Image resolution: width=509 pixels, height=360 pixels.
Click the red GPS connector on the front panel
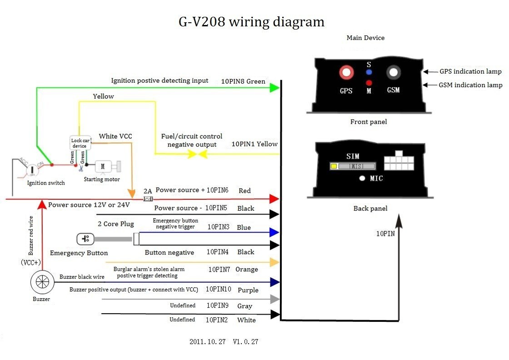346,72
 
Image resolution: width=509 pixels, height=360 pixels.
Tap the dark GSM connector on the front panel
393,72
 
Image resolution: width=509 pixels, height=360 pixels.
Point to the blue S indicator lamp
369,72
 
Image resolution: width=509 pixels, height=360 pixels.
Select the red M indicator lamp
369,82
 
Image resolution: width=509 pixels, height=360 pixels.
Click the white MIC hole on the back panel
362,178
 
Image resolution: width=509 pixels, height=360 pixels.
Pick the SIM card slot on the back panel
353,166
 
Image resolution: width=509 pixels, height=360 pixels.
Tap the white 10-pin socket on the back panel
399,161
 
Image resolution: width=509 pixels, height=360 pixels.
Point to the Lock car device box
80,143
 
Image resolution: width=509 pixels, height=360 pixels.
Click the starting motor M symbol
103,166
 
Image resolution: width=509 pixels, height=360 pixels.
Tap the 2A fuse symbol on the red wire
148,199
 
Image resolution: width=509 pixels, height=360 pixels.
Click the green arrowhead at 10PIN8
274,87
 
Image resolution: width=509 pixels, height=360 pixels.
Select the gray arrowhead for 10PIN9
274,299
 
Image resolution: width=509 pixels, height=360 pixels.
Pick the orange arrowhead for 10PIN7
274,262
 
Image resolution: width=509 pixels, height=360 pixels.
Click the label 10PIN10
219,290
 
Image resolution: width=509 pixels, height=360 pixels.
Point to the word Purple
248,290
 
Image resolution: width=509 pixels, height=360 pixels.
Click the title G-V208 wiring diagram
251,22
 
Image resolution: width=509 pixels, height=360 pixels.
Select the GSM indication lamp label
470,85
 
